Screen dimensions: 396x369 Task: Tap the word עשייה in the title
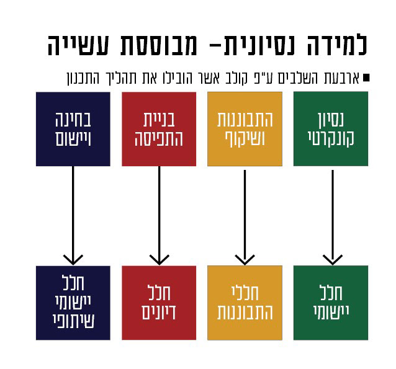(78, 45)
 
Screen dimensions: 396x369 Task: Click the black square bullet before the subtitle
(366, 78)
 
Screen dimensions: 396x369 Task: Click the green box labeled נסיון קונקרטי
(331, 129)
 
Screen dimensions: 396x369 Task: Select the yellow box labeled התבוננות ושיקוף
(245, 129)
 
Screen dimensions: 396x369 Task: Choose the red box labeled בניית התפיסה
(159, 129)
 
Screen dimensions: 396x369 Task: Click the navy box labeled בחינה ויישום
(73, 129)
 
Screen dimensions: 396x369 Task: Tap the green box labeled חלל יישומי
(331, 303)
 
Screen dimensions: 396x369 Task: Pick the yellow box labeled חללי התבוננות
(245, 303)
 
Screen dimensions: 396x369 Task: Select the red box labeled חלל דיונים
(159, 303)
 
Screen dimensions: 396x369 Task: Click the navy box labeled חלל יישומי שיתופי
(73, 303)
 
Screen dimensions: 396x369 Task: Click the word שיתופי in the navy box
(73, 321)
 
